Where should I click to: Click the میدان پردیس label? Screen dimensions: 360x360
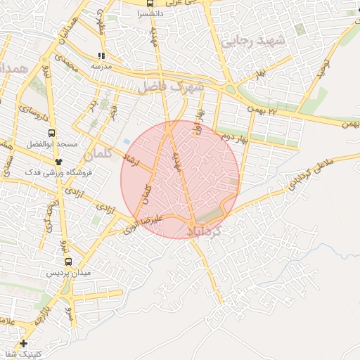[x=67, y=272]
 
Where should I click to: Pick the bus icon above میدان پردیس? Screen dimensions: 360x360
[x=67, y=261]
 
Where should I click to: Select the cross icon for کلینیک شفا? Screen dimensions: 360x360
[x=25, y=344]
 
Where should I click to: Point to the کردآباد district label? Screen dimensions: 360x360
[x=207, y=229]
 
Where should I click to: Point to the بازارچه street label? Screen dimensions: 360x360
[x=44, y=308]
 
